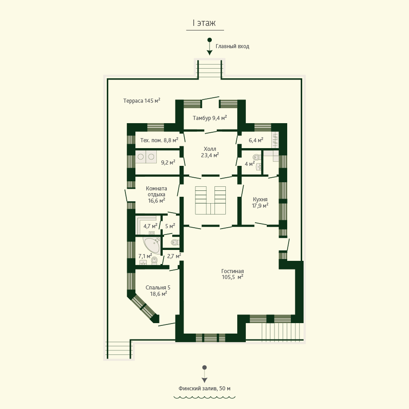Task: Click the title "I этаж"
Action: [x=204, y=23]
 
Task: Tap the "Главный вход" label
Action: [x=232, y=46]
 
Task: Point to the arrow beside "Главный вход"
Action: [x=209, y=47]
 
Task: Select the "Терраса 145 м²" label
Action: [x=142, y=101]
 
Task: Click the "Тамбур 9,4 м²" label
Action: [x=209, y=118]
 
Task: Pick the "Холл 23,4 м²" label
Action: [x=209, y=152]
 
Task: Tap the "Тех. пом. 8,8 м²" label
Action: [x=159, y=140]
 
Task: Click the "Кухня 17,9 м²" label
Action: [x=260, y=202]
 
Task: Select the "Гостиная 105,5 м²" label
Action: [x=232, y=274]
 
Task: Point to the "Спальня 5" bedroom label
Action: [x=158, y=288]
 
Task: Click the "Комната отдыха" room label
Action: [x=156, y=191]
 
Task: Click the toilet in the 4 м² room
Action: [x=256, y=157]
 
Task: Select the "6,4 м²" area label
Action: [x=256, y=140]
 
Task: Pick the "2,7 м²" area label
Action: [x=174, y=256]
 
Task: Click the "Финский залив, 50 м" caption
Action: [x=204, y=389]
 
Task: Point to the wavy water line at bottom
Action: [x=204, y=398]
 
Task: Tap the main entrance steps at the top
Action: [x=209, y=69]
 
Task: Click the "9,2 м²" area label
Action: [x=168, y=163]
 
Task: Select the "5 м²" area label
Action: [x=170, y=226]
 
